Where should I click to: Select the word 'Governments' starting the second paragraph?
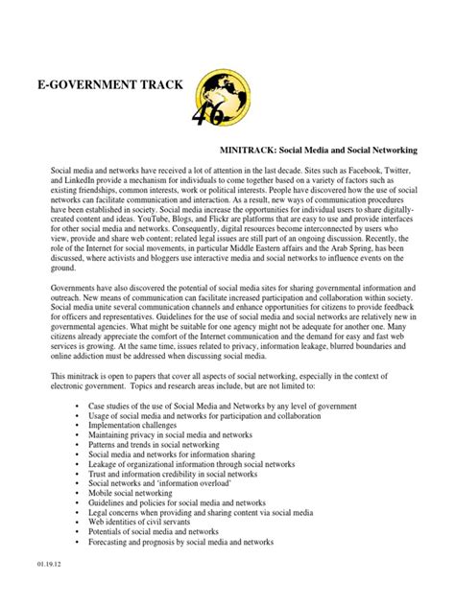76,288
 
